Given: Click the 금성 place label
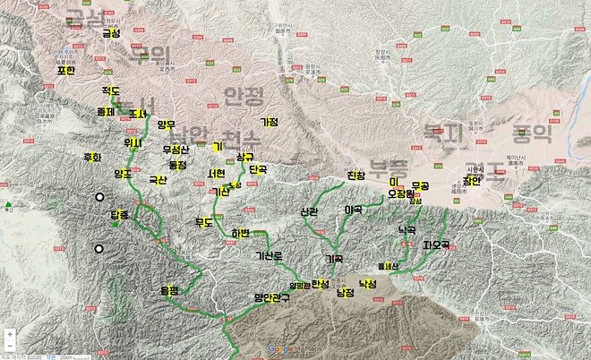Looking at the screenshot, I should tap(111, 34).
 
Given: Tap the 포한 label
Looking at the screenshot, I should tap(66, 71).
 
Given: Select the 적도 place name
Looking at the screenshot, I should tap(111, 91).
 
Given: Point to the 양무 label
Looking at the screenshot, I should tap(166, 125).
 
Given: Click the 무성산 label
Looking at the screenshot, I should tap(176, 150).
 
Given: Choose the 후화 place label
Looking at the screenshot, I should tap(92, 158).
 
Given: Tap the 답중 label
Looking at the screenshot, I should tap(119, 215).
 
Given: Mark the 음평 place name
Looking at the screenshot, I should tap(169, 290).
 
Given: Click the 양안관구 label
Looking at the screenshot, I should tap(272, 297).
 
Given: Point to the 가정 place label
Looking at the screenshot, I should tap(269, 122).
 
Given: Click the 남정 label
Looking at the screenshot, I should tap(345, 292).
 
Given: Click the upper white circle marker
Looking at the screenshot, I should tap(100, 197).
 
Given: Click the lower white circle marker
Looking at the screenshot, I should tap(99, 249).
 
